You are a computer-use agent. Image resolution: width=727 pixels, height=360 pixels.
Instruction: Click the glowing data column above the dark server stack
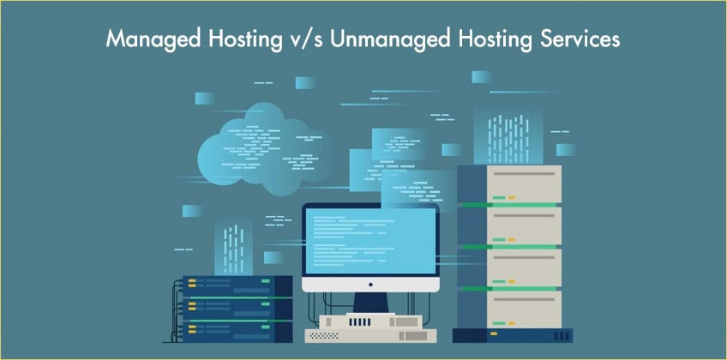233,241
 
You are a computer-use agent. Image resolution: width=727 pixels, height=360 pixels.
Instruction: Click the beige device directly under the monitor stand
370,321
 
